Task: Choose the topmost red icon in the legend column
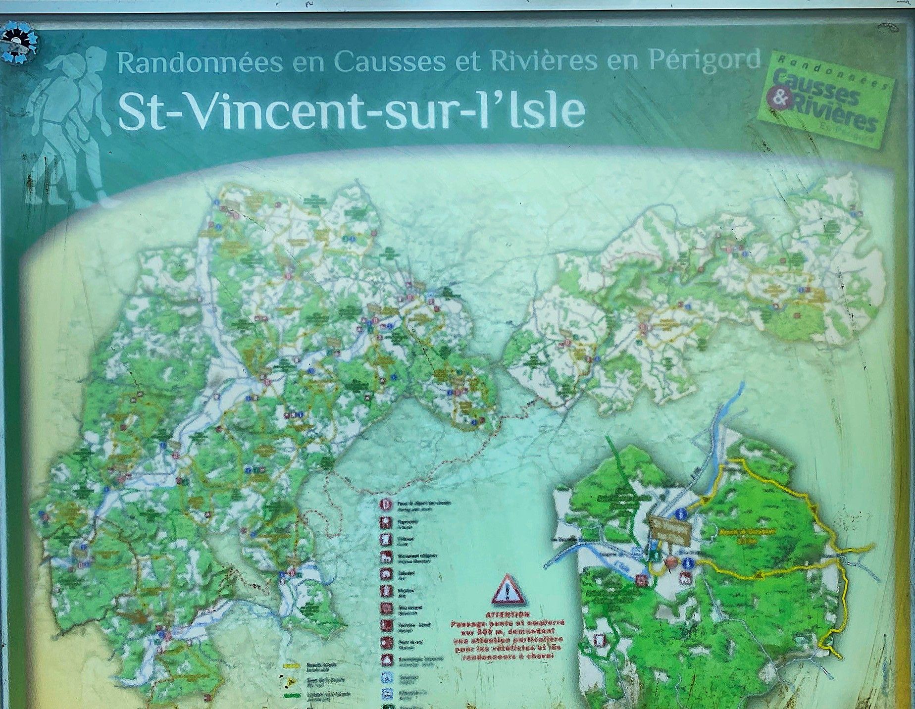385,504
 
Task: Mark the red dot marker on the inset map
671,562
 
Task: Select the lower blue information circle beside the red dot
688,563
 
